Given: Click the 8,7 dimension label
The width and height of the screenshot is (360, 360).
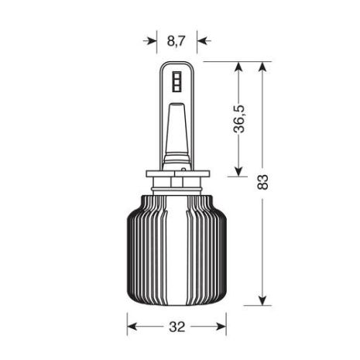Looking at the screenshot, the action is (177, 41).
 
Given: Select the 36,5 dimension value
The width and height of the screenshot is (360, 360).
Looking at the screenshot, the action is (239, 119).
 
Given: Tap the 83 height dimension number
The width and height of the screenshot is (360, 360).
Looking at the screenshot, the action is (263, 182).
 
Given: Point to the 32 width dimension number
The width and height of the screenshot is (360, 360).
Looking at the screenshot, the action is (177, 327).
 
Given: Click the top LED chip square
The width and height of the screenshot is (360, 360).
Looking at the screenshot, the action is (177, 75).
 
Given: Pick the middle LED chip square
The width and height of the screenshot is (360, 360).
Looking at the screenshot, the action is (177, 82).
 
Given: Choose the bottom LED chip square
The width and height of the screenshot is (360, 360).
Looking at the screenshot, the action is (177, 88).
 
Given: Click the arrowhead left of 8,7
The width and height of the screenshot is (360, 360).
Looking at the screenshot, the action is (150, 41).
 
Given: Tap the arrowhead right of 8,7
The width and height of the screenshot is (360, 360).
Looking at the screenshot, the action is (204, 41).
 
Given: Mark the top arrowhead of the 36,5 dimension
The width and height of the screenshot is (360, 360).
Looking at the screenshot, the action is (239, 68).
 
